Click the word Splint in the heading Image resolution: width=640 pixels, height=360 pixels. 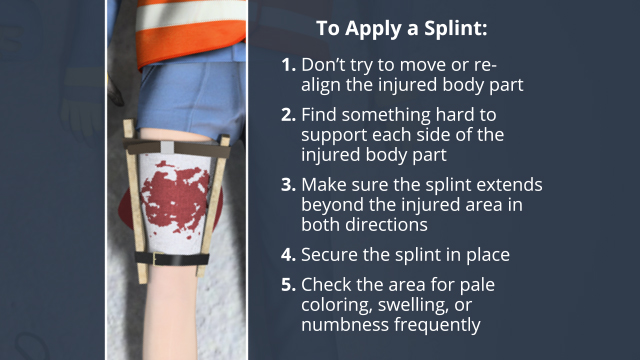tap(456, 29)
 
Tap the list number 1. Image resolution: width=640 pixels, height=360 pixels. tap(288, 65)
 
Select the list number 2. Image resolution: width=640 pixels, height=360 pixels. tap(288, 115)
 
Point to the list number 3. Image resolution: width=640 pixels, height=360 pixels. tap(288, 185)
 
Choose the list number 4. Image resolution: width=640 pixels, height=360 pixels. tap(288, 255)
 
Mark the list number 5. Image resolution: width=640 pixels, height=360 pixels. tap(288, 284)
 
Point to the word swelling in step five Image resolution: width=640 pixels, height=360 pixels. tap(413, 306)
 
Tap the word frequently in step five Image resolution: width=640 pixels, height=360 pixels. tap(437, 325)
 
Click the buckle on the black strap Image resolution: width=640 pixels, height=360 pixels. tap(155, 258)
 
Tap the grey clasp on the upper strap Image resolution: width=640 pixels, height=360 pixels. tap(168, 147)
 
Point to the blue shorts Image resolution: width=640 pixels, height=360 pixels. tap(192, 98)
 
